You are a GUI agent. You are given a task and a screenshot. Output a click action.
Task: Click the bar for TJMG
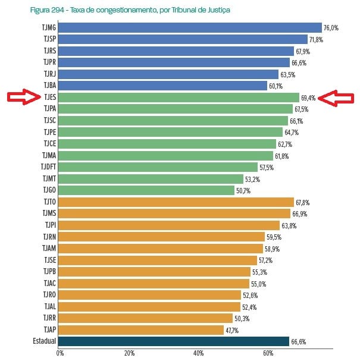190,28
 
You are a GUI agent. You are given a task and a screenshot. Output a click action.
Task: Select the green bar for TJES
179,98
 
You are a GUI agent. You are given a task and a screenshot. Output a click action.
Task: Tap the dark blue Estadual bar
174,341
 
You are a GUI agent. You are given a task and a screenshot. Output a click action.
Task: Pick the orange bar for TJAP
142,329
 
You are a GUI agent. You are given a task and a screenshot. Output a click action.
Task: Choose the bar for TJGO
147,190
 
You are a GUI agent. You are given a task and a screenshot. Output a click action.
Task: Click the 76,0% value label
331,28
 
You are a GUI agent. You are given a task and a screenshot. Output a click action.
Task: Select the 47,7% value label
233,330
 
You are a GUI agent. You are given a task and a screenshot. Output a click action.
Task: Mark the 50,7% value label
243,191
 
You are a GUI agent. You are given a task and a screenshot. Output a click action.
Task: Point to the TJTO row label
48,202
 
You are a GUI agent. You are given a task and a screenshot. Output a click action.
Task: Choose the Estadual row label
44,341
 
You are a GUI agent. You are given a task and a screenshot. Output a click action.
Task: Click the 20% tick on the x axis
129,354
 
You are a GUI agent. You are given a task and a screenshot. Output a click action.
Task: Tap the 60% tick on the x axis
268,354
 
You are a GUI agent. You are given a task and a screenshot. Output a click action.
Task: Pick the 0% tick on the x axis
60,354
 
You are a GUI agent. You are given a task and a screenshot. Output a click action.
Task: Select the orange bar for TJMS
175,214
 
